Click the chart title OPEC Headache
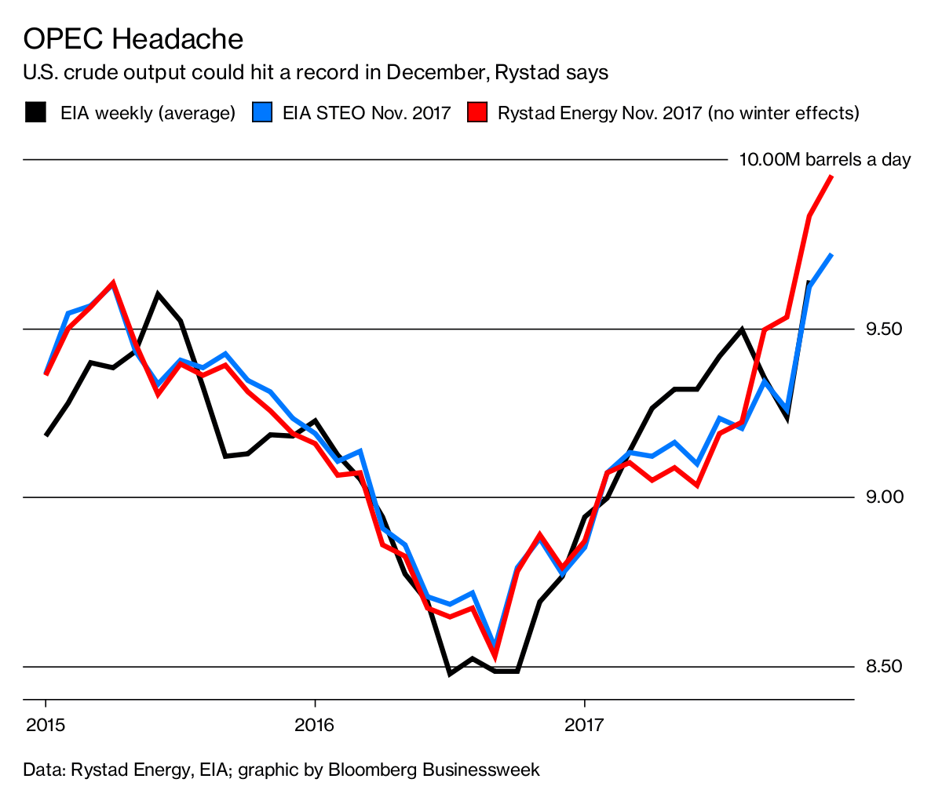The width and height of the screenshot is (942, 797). (x=133, y=38)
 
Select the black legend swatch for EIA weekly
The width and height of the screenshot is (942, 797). (x=35, y=112)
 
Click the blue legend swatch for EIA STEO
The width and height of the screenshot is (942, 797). (x=262, y=112)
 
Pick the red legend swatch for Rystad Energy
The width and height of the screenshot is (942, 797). (x=476, y=112)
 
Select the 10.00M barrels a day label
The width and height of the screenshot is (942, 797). (x=825, y=160)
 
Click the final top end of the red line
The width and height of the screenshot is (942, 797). (x=831, y=177)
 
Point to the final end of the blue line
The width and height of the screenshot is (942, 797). (x=831, y=255)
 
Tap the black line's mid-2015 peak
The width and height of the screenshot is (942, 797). (x=158, y=294)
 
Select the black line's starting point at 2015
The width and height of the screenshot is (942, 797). (x=46, y=435)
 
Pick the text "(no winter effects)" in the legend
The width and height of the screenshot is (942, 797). (x=783, y=113)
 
